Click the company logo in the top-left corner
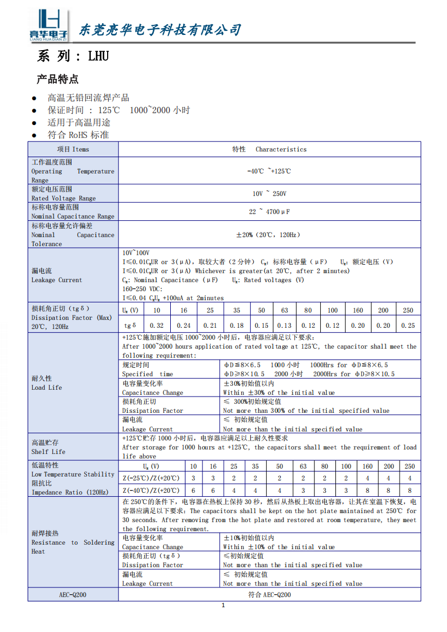pyautogui.click(x=48, y=25)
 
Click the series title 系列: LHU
pyautogui.click(x=73, y=56)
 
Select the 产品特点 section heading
pyautogui.click(x=57, y=79)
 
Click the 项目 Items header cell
pyautogui.click(x=73, y=149)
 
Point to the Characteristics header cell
pyautogui.click(x=269, y=149)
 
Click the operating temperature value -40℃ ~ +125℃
pyautogui.click(x=269, y=171)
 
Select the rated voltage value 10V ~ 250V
pyautogui.click(x=269, y=193)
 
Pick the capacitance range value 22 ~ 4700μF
pyautogui.click(x=269, y=211)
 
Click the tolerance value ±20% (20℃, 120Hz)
pyautogui.click(x=269, y=234)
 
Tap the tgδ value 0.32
pyautogui.click(x=157, y=326)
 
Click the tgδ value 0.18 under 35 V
pyautogui.click(x=237, y=326)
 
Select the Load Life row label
pyautogui.click(x=47, y=383)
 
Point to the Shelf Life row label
pyautogui.click(x=48, y=447)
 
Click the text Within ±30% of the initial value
pyautogui.click(x=279, y=393)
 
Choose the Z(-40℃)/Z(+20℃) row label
pyautogui.click(x=151, y=491)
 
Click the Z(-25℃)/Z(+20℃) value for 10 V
pyautogui.click(x=193, y=478)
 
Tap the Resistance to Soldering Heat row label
pyautogui.click(x=73, y=542)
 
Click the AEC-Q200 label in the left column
pyautogui.click(x=73, y=595)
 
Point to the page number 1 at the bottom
pyautogui.click(x=223, y=606)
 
